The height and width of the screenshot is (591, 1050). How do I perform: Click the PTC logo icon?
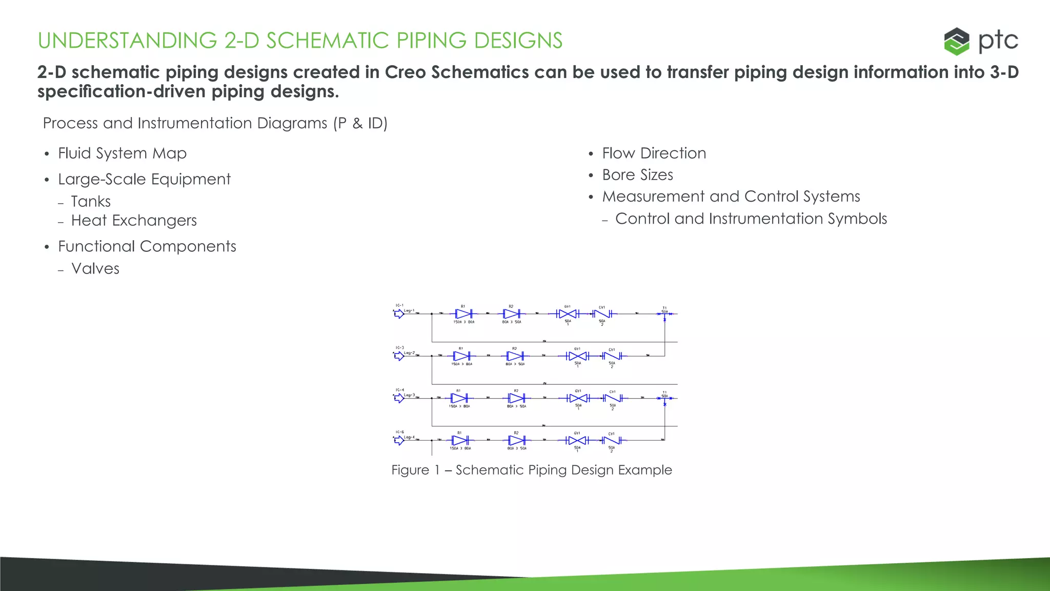pyautogui.click(x=957, y=41)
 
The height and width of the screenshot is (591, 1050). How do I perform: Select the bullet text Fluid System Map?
pyautogui.click(x=122, y=153)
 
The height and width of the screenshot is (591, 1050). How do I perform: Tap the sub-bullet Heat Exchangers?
pyautogui.click(x=134, y=221)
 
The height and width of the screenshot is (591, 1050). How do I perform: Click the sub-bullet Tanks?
pyautogui.click(x=91, y=202)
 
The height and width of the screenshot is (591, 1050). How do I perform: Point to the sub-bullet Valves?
pyautogui.click(x=95, y=269)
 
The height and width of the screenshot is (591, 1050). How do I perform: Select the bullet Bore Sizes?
pyautogui.click(x=637, y=175)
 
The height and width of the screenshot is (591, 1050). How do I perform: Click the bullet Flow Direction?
pyautogui.click(x=654, y=153)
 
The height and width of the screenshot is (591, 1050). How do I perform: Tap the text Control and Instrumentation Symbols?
pyautogui.click(x=751, y=219)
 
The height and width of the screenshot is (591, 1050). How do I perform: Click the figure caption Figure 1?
pyautogui.click(x=531, y=470)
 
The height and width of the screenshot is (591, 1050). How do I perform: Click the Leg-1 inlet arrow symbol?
pyautogui.click(x=399, y=314)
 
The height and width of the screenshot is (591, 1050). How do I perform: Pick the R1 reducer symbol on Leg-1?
pyautogui.click(x=463, y=313)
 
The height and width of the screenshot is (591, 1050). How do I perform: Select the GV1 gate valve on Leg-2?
pyautogui.click(x=577, y=356)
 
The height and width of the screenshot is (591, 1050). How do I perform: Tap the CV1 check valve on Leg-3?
pyautogui.click(x=612, y=398)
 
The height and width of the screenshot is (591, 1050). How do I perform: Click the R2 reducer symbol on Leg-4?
pyautogui.click(x=516, y=440)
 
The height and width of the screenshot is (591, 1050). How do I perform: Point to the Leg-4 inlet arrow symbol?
pyautogui.click(x=399, y=440)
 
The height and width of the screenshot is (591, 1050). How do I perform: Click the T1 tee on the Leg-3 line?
pyautogui.click(x=664, y=399)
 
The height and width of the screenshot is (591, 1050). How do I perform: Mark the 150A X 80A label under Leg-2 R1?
pyautogui.click(x=461, y=364)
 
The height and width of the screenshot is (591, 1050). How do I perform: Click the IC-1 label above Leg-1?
pyautogui.click(x=399, y=305)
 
